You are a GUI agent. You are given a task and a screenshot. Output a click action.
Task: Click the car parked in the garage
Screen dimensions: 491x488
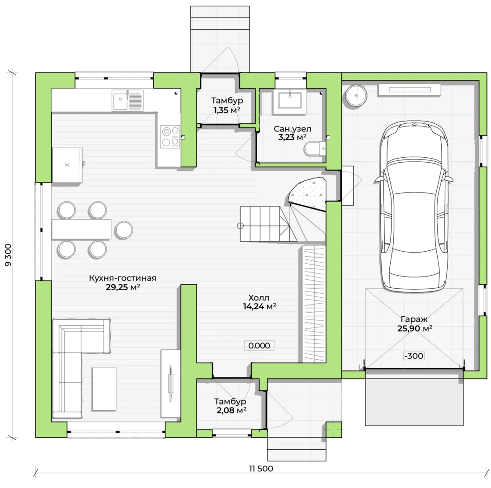[x=414, y=206]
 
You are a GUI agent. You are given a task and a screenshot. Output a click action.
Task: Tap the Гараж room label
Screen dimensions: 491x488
[x=414, y=319]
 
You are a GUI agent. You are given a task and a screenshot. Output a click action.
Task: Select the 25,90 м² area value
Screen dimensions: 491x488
[x=415, y=328]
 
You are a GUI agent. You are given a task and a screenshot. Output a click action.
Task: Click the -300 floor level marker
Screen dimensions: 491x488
[x=414, y=356]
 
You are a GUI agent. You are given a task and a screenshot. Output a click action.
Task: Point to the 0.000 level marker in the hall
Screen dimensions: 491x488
[x=259, y=346]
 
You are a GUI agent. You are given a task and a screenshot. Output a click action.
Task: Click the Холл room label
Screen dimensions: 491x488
[x=259, y=298]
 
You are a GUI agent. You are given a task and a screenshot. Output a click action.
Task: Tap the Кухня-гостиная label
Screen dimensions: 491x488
[x=123, y=278]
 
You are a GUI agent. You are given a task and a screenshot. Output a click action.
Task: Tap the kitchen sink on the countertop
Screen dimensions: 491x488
[x=128, y=100]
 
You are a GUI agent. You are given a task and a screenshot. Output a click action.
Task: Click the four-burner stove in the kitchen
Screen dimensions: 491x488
[x=170, y=136]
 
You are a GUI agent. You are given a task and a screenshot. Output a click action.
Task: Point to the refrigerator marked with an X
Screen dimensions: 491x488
[x=67, y=164]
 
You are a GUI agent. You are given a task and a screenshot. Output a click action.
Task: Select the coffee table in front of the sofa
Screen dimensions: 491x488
[x=104, y=389]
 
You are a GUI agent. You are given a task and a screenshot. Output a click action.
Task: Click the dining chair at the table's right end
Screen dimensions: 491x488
[x=123, y=230]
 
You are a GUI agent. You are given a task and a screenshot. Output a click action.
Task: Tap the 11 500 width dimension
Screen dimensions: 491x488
[x=261, y=469]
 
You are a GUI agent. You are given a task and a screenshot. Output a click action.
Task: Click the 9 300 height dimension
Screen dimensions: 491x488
[x=8, y=255]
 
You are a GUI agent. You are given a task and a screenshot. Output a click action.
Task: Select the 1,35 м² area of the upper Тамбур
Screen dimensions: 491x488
[x=227, y=110]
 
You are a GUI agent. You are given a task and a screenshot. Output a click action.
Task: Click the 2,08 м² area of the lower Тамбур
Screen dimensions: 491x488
[x=231, y=410]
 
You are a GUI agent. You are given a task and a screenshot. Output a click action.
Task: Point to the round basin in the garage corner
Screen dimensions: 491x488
[x=356, y=95]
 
